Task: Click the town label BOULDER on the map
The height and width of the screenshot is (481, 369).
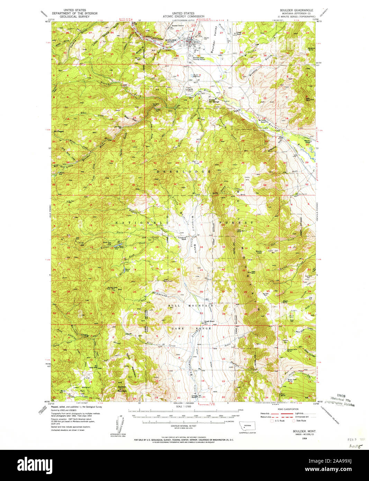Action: click(x=171, y=40)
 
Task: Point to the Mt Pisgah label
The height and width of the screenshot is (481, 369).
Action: click(x=58, y=131)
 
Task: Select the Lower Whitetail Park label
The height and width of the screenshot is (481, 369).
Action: click(x=81, y=389)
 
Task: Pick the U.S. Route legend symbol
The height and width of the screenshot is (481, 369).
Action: click(x=272, y=421)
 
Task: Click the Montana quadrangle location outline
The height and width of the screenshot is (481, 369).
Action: click(x=247, y=426)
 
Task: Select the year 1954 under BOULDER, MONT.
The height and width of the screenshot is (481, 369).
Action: click(x=304, y=438)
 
